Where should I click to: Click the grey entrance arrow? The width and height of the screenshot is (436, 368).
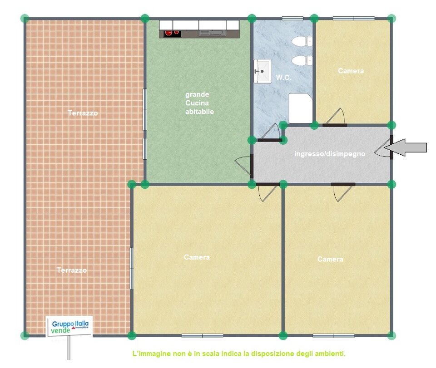[x=406, y=147]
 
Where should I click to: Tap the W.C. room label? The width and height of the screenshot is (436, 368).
[x=283, y=78]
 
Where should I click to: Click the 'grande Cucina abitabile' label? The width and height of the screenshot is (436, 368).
[x=199, y=103]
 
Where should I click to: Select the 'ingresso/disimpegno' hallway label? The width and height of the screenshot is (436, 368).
[x=330, y=153]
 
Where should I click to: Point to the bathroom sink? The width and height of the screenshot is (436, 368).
[x=263, y=71]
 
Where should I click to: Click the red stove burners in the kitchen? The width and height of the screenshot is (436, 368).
[x=172, y=33]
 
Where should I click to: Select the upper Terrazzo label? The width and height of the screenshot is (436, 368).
[x=83, y=113]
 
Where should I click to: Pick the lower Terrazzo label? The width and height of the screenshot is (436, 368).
[x=72, y=270]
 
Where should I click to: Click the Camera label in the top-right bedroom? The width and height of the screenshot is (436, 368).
[x=351, y=71]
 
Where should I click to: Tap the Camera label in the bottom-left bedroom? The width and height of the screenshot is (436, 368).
[x=197, y=257]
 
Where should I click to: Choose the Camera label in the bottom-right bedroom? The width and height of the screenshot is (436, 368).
[x=330, y=259]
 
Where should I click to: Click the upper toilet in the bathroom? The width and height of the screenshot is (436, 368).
[x=302, y=41]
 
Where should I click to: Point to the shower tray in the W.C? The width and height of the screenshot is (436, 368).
[x=300, y=108]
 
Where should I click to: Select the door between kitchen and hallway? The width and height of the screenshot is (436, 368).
[x=244, y=166]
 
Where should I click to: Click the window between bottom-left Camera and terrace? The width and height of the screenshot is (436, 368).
[x=132, y=268]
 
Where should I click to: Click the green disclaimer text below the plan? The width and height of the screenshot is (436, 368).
[x=239, y=353]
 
